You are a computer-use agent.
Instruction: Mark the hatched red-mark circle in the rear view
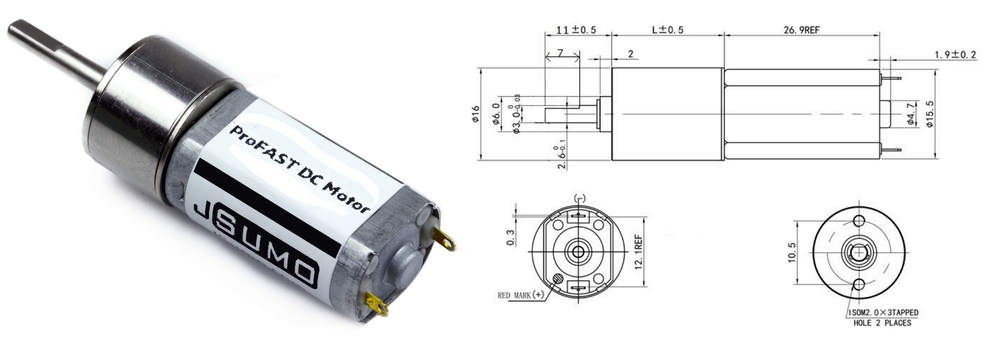[558, 279]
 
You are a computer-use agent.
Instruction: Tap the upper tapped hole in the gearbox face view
[858, 221]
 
